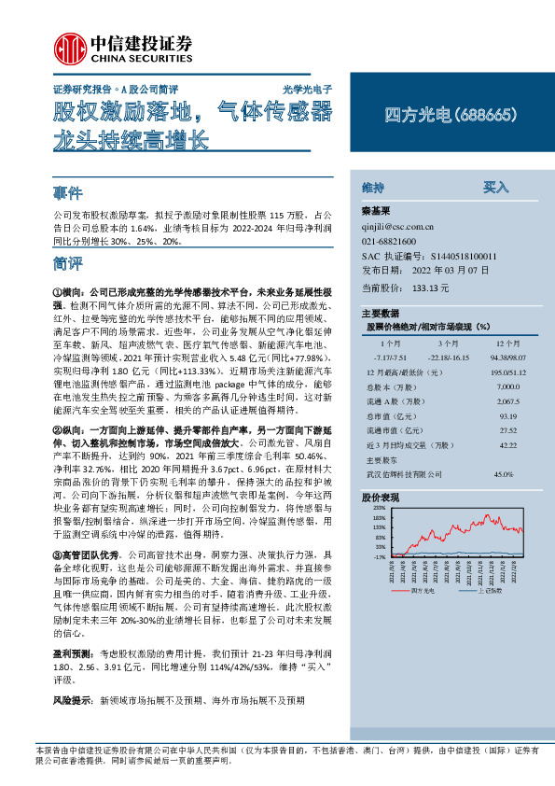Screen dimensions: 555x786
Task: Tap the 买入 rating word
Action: point(494,187)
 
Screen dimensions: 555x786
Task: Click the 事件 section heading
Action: point(68,193)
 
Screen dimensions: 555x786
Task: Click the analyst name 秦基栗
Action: point(376,211)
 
